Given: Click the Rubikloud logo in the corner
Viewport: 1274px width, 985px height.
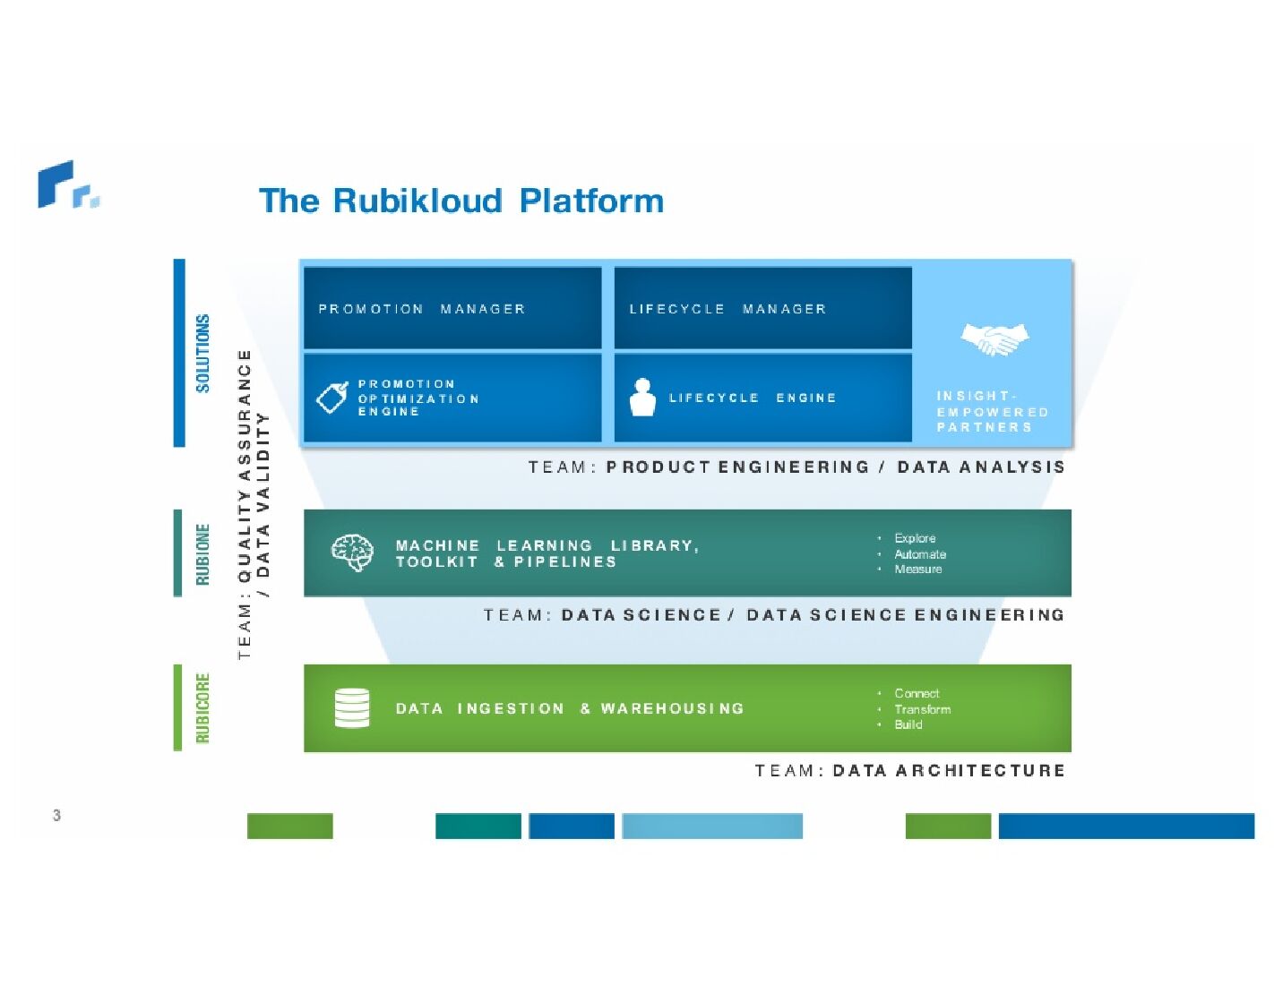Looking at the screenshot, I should [x=67, y=185].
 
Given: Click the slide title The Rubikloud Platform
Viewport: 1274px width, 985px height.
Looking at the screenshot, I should [x=461, y=201].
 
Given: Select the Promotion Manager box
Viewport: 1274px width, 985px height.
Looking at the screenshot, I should [x=452, y=308].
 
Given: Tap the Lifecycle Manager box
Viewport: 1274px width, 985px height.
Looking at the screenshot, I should [x=762, y=308].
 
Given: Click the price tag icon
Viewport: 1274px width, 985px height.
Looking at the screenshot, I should [x=331, y=398].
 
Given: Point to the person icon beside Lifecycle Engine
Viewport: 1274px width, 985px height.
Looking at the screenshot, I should [x=642, y=398].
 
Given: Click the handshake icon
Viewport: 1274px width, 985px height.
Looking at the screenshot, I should [x=994, y=339].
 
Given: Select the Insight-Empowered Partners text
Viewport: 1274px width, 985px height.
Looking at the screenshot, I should [x=992, y=412].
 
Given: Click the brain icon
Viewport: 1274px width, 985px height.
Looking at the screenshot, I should [x=352, y=552].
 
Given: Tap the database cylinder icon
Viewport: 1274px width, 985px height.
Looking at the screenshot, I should [x=352, y=707].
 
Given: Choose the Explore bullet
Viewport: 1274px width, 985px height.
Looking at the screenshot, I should [x=915, y=538].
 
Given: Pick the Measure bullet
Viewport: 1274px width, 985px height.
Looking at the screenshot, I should [x=917, y=570].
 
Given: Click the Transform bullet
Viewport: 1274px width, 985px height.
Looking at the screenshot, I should [x=922, y=709].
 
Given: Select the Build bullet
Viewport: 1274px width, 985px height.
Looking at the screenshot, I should [x=908, y=724].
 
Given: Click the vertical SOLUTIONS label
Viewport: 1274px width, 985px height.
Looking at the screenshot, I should [x=203, y=353].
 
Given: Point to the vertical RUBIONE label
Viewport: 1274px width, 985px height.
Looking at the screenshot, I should [x=203, y=554].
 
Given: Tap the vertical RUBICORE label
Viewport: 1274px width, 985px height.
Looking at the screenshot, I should [x=203, y=707].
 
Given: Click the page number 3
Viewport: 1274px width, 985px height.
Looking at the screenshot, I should [x=56, y=815].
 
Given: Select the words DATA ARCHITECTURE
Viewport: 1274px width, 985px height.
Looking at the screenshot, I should [x=949, y=770].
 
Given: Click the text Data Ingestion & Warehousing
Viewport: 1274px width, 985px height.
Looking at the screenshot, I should [x=570, y=708].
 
